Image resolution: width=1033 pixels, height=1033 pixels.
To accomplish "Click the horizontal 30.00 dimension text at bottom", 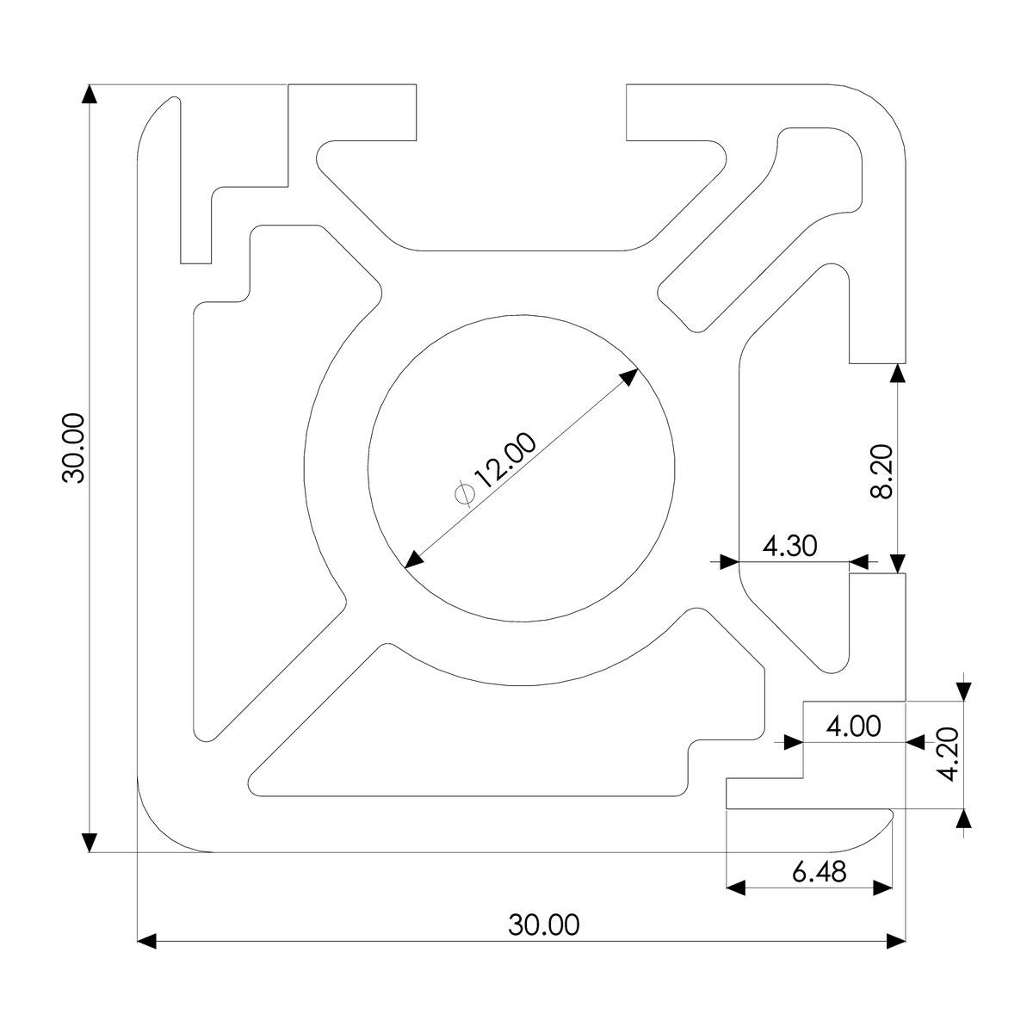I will coord(544,925).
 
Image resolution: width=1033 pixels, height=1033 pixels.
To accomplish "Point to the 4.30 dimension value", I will coord(789,546).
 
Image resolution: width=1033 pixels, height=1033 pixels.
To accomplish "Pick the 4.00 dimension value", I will coord(853,727).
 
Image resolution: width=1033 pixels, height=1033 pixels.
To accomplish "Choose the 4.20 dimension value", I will coord(948,754).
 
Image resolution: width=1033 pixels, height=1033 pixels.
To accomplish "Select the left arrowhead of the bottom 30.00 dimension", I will coord(147,941).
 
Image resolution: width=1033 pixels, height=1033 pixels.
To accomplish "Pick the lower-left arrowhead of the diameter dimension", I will coord(413,560).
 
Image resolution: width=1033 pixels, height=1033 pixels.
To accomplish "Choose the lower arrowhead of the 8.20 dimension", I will coord(898,563).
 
